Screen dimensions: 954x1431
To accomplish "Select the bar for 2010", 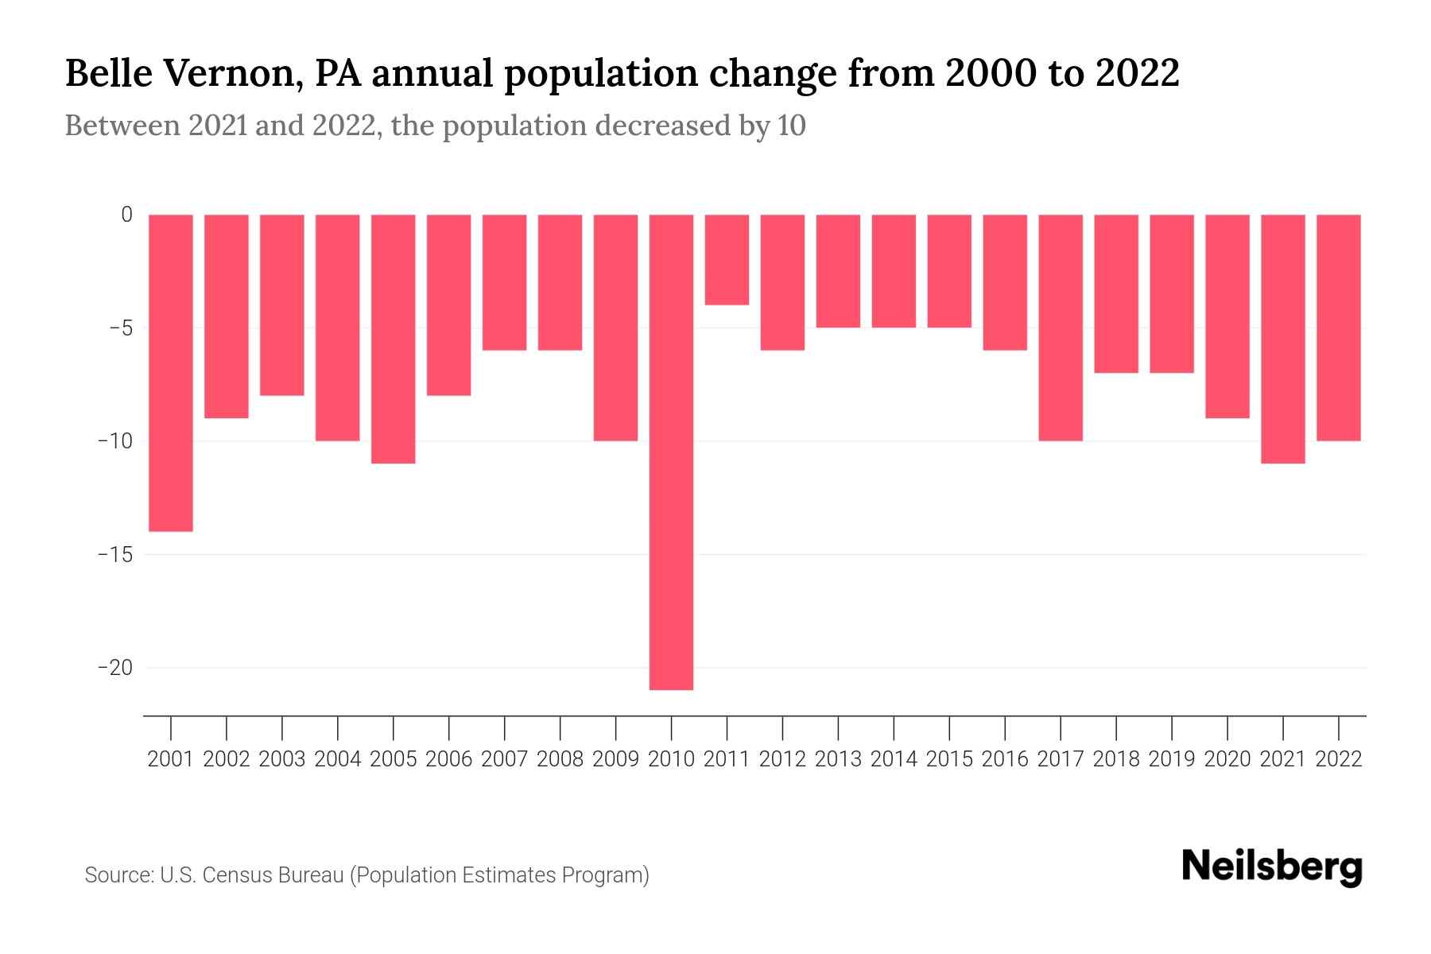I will click(671, 452).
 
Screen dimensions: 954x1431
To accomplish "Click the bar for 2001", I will click(171, 372).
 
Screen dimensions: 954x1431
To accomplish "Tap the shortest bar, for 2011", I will click(727, 259).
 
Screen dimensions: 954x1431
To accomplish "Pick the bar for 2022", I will click(1339, 327).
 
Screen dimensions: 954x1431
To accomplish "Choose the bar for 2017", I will click(1061, 327).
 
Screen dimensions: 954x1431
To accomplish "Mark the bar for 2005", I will click(394, 339).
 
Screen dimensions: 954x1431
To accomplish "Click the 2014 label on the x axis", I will click(894, 759).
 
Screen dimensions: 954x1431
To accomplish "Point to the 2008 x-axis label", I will click(560, 759).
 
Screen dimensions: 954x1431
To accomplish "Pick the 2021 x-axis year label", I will click(1282, 759).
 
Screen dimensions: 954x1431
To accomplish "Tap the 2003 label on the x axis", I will click(282, 759).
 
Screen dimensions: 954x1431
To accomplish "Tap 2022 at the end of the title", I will click(1137, 73).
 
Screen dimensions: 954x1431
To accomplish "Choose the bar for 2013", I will click(838, 270).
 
